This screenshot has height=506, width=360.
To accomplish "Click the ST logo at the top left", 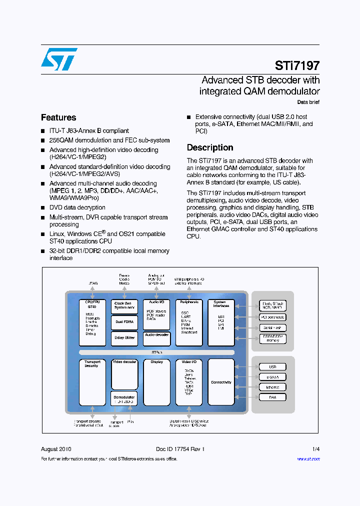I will [x=59, y=59].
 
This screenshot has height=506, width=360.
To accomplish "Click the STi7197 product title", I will [x=297, y=65].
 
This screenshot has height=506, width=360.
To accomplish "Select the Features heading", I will [x=58, y=117].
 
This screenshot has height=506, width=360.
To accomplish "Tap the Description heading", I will [x=210, y=147].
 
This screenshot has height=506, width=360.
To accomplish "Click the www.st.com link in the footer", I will [x=308, y=459].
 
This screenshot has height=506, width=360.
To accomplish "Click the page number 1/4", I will [x=316, y=449].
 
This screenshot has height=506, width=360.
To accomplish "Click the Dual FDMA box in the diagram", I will [x=124, y=322].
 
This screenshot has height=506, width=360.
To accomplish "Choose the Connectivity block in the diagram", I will [x=221, y=382].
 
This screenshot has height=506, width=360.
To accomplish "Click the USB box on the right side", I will [x=272, y=366].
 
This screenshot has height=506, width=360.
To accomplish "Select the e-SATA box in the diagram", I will [x=272, y=377].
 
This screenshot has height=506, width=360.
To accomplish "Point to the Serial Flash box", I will [x=272, y=327].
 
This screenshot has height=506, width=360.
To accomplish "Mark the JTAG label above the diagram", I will [x=93, y=283].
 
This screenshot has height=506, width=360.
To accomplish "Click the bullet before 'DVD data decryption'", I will [x=43, y=208].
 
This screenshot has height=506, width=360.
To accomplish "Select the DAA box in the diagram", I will [x=272, y=397].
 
